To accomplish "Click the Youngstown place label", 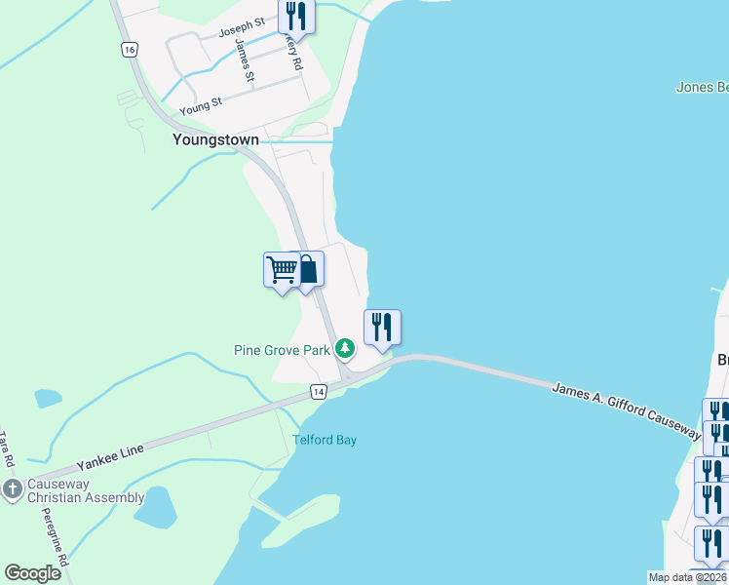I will [215, 139].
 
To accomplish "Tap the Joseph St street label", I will [242, 26].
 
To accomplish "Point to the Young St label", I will [201, 100].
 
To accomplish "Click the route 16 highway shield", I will [129, 50].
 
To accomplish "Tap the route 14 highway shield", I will [318, 392].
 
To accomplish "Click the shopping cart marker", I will [282, 268].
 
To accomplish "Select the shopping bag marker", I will [307, 268].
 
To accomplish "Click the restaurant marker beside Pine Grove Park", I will [382, 326].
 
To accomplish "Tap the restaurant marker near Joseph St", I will [294, 16].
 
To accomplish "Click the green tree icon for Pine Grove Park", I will [344, 348].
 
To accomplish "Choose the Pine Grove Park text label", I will [282, 350].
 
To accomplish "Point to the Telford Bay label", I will [325, 440].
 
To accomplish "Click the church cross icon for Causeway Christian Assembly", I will [12, 489].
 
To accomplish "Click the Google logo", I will [32, 573].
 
